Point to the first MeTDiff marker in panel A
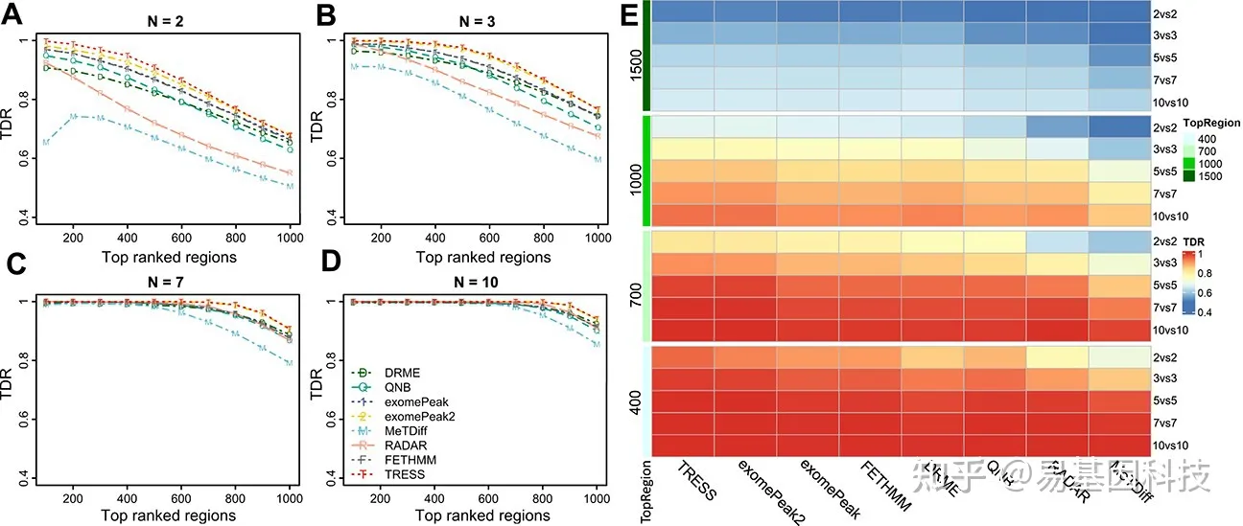[45, 143]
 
